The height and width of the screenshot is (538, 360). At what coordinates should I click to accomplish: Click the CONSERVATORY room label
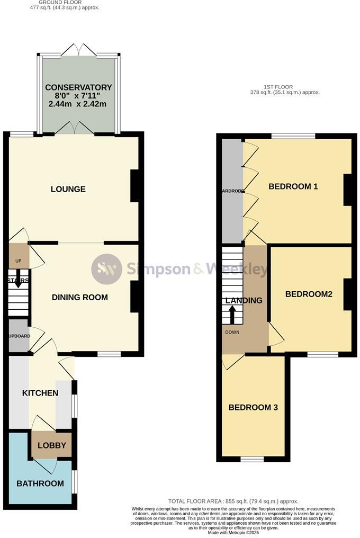click(78, 87)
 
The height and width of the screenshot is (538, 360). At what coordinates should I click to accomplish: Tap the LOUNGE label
click(68, 189)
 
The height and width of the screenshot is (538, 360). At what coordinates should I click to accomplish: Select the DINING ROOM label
click(79, 297)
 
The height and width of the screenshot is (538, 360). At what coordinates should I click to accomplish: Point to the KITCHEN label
click(40, 393)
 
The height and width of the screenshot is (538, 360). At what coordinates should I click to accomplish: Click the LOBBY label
click(52, 445)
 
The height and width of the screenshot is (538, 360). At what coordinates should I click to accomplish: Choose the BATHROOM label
click(40, 483)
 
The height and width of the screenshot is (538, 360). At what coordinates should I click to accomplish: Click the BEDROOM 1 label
click(293, 186)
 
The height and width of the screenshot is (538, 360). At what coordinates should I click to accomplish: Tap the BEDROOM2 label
click(309, 294)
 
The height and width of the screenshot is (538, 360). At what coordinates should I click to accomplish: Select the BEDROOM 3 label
click(253, 407)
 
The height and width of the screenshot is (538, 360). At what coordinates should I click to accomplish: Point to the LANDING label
click(244, 300)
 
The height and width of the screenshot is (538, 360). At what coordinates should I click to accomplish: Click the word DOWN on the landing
click(232, 333)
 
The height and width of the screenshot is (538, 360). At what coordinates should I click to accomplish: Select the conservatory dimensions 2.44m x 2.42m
click(78, 104)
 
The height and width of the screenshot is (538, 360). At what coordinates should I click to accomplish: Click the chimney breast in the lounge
click(135, 185)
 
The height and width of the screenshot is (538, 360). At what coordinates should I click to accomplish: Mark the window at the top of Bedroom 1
click(293, 136)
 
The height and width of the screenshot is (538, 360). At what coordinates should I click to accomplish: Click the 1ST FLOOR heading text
click(278, 87)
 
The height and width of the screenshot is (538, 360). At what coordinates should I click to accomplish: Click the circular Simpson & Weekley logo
click(107, 269)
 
